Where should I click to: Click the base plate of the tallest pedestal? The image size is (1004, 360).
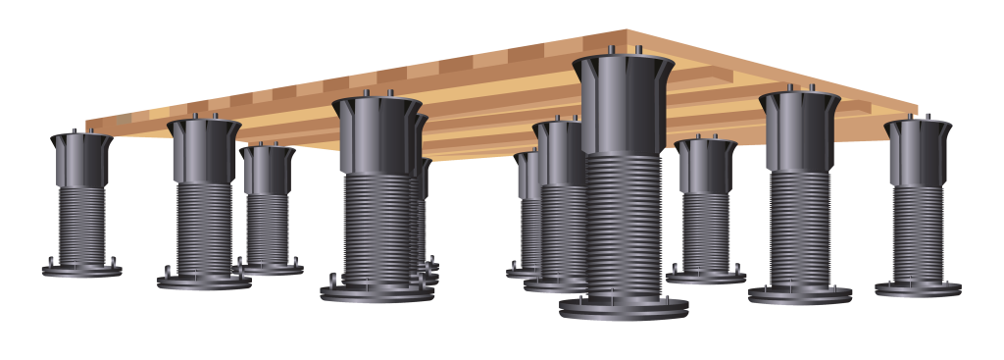point(624,307)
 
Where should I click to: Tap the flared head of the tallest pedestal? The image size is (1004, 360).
point(623,104)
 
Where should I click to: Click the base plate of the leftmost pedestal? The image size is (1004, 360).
point(81,269)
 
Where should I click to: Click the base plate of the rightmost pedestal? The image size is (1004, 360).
point(918,288)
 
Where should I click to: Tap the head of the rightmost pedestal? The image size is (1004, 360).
point(919,152)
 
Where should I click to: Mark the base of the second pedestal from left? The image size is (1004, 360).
point(204,283)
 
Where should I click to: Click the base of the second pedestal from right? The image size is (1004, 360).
point(800,293)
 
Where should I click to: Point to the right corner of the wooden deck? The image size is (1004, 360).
point(916,110)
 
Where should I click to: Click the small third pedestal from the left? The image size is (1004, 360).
point(268,211)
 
